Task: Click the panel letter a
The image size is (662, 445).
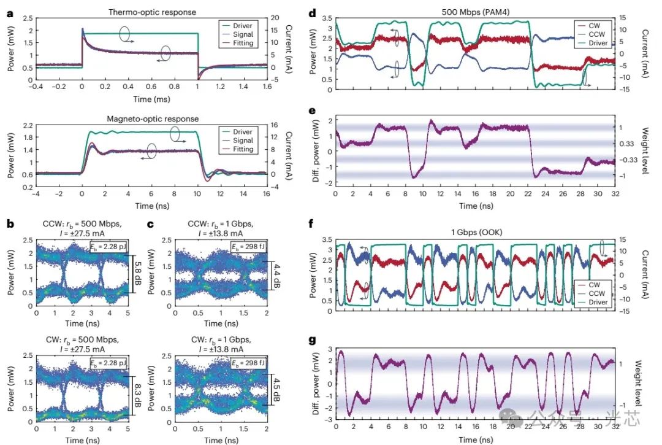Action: pyautogui.click(x=10, y=12)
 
